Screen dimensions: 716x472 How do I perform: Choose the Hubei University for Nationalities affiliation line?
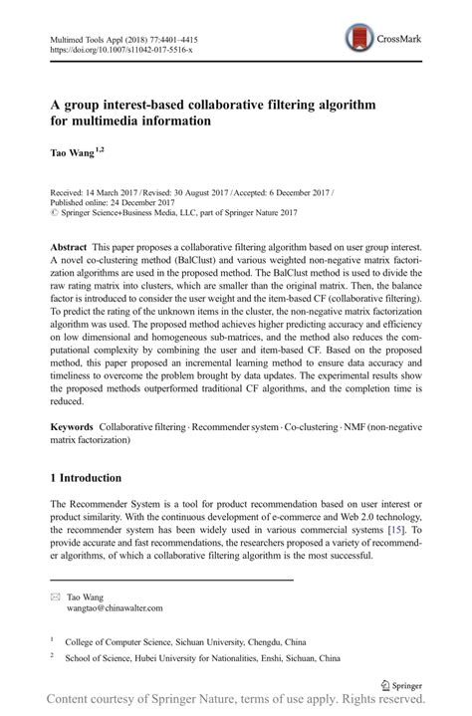pyautogui.click(x=217, y=658)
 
